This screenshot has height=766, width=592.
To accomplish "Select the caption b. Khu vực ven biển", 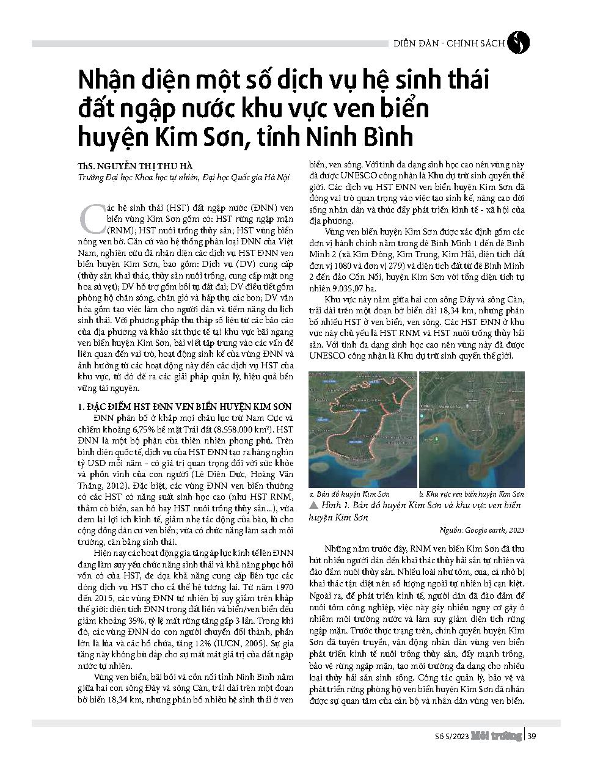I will [x=471, y=494].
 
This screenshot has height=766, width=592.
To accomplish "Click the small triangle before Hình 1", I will [x=313, y=506].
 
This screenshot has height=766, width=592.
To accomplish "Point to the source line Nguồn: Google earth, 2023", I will [x=481, y=530].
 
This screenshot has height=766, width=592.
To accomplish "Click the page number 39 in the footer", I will [x=532, y=736].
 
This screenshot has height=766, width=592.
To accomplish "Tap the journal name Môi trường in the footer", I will [x=497, y=736].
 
